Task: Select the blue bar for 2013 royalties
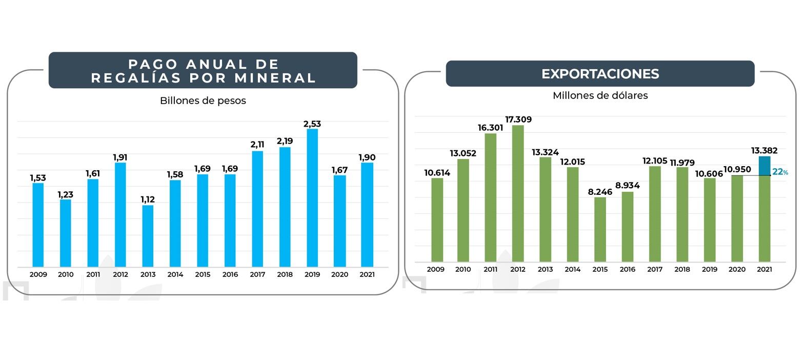[x=148, y=236]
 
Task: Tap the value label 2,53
[x=312, y=124]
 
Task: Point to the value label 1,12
[x=148, y=199]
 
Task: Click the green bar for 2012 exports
[x=518, y=193]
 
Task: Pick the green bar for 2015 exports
[x=600, y=229]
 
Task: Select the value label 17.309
[x=518, y=119]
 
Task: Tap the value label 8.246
[x=600, y=192]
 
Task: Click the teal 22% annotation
[x=780, y=172]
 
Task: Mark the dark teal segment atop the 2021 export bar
[x=764, y=166]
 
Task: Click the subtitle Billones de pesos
[x=203, y=101]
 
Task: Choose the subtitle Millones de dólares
[x=600, y=95]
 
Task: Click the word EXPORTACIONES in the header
[x=600, y=74]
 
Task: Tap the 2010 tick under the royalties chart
[x=66, y=274]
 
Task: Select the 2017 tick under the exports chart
[x=655, y=269]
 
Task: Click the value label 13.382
[x=764, y=150]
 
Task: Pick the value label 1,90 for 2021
[x=367, y=157]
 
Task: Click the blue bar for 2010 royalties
[x=66, y=233]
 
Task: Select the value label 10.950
[x=737, y=169]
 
